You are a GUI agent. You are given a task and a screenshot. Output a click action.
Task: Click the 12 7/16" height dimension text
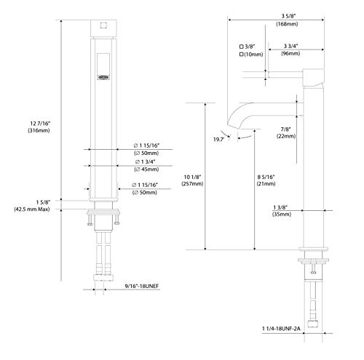[x=40, y=124]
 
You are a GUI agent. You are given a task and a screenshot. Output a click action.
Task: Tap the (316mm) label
[x=39, y=130]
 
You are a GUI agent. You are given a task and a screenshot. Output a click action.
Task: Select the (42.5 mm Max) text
[x=32, y=209]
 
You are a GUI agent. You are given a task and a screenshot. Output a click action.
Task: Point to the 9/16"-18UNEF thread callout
[x=142, y=286]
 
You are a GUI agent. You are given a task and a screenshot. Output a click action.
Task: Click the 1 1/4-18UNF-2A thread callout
[x=281, y=329]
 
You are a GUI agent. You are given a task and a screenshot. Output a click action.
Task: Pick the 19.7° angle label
[x=218, y=139]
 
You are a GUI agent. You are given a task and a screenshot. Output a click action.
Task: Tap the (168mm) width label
[x=287, y=24]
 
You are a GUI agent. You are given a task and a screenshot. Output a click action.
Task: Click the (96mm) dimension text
[x=290, y=53]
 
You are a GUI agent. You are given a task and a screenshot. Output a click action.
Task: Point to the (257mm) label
[x=192, y=184]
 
